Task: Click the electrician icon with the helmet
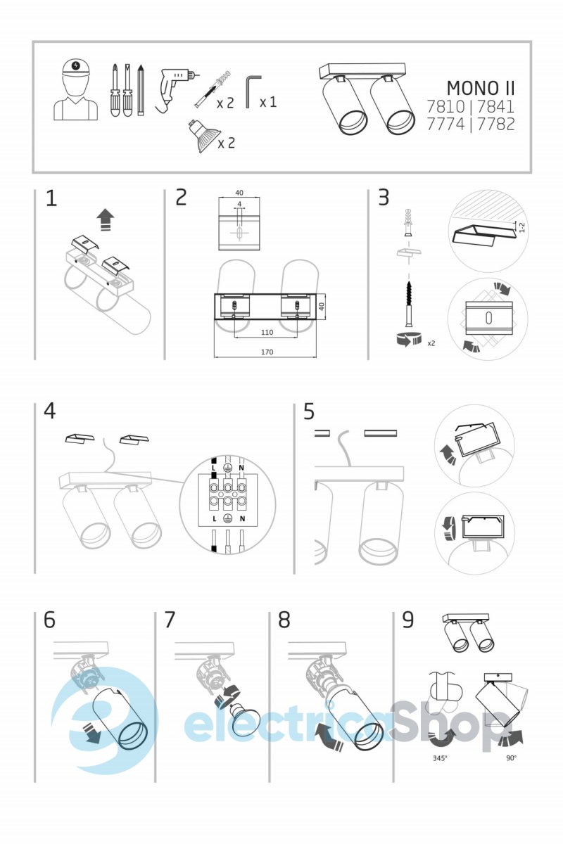point(75,90)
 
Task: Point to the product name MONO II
point(481,89)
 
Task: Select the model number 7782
point(497,124)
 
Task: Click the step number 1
point(51,198)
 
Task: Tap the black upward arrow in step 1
point(105,219)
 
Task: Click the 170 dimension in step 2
point(266,352)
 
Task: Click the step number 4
point(50,410)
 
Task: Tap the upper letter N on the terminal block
point(241,466)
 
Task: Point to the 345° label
point(441,758)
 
